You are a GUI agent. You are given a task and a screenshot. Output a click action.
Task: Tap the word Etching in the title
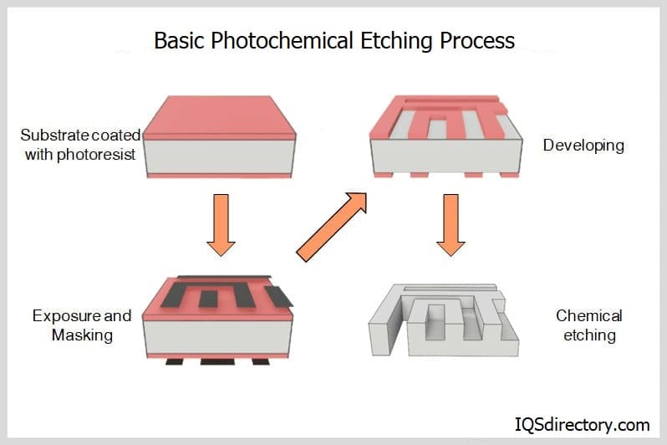(390, 40)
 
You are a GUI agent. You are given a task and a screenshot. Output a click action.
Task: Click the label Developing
(583, 146)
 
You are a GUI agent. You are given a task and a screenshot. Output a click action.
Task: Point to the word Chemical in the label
(589, 316)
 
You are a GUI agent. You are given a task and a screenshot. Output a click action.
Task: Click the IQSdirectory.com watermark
(582, 424)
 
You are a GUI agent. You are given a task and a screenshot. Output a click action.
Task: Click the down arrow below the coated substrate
(221, 223)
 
